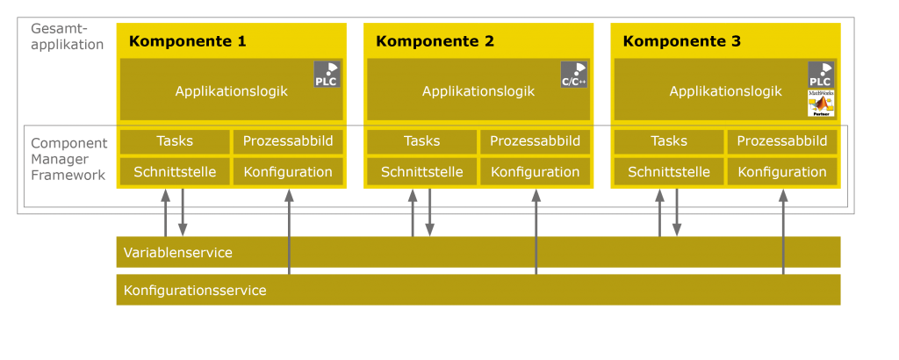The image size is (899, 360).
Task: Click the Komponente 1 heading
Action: tap(187, 41)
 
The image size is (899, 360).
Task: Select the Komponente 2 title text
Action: tap(435, 41)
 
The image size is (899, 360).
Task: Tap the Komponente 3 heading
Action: tap(681, 41)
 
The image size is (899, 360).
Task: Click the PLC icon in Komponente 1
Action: tap(327, 75)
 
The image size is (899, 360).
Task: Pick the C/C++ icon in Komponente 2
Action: tap(573, 75)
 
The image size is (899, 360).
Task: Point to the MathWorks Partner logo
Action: tap(820, 104)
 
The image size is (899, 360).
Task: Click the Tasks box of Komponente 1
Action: tap(175, 141)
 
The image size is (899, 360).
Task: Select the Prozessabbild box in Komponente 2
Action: tap(536, 141)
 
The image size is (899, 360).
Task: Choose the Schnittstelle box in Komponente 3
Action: tap(669, 172)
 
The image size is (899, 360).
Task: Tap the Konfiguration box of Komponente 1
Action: tap(288, 172)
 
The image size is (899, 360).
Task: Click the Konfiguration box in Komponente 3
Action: tap(782, 172)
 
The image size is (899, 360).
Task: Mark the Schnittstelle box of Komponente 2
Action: tap(421, 172)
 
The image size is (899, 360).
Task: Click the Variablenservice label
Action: tap(178, 253)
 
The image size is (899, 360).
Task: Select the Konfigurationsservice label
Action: tap(195, 291)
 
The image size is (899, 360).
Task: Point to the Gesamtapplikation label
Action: tap(67, 37)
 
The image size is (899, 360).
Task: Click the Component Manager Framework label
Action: tap(68, 159)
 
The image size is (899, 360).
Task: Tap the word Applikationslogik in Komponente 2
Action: tap(478, 91)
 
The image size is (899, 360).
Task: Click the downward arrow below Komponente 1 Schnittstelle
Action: tap(183, 215)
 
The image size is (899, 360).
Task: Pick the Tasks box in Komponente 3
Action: tap(669, 141)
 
